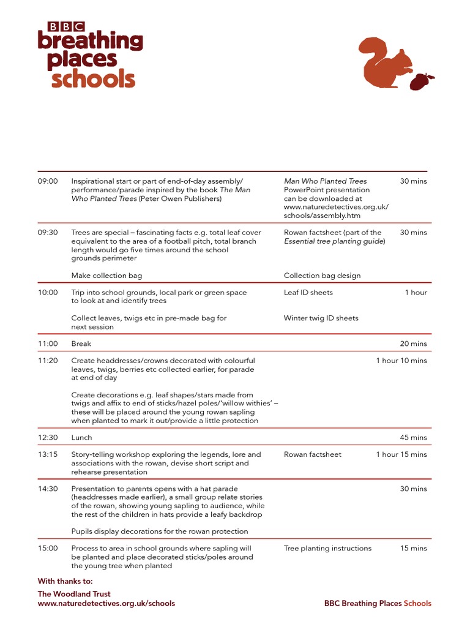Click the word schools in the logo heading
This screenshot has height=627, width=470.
pyautogui.click(x=93, y=79)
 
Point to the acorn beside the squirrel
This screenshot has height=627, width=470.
pyautogui.click(x=421, y=81)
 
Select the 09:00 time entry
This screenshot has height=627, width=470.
pyautogui.click(x=48, y=181)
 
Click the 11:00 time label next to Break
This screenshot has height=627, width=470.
pyautogui.click(x=48, y=344)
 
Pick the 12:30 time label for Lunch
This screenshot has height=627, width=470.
pyautogui.click(x=48, y=438)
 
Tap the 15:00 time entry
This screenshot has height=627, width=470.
pyautogui.click(x=48, y=549)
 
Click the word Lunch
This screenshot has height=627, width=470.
pyautogui.click(x=81, y=438)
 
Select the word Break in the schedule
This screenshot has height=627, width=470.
pyautogui.click(x=81, y=344)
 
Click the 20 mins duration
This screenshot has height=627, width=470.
pyautogui.click(x=413, y=344)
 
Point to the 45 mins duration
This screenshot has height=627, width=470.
pyautogui.click(x=413, y=438)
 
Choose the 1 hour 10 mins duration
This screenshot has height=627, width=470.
pyautogui.click(x=401, y=361)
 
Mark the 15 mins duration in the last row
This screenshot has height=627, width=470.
pyautogui.click(x=413, y=549)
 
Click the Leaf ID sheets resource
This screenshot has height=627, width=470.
pyautogui.click(x=308, y=293)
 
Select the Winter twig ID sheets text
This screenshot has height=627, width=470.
pyautogui.click(x=321, y=318)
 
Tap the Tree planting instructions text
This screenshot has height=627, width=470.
pyautogui.click(x=327, y=549)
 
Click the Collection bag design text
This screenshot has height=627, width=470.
pyautogui.click(x=322, y=276)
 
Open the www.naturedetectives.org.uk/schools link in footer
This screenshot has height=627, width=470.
pyautogui.click(x=106, y=604)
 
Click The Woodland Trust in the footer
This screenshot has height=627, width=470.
pyautogui.click(x=74, y=594)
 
